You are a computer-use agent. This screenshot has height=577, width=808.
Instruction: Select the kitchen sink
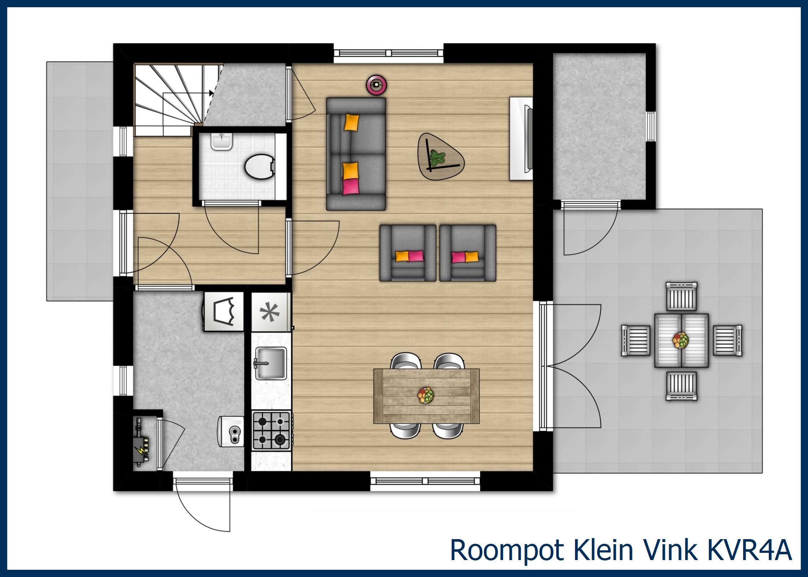click(x=271, y=363)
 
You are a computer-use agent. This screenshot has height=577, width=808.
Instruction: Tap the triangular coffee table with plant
click(x=438, y=157)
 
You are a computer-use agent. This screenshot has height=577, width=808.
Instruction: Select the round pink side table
click(x=377, y=84)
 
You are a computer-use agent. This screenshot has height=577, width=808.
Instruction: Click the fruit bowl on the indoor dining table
click(x=426, y=395)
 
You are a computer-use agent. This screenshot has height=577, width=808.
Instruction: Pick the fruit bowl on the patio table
click(x=681, y=340)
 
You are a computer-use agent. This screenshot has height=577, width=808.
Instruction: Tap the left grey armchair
click(x=408, y=253)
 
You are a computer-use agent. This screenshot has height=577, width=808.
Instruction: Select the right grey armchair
click(x=467, y=253)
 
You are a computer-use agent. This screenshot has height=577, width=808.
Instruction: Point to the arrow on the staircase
click(x=211, y=93)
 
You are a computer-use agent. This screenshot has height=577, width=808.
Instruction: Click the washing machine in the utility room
click(x=224, y=311)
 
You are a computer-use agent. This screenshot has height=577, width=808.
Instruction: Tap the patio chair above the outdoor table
click(x=681, y=296)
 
